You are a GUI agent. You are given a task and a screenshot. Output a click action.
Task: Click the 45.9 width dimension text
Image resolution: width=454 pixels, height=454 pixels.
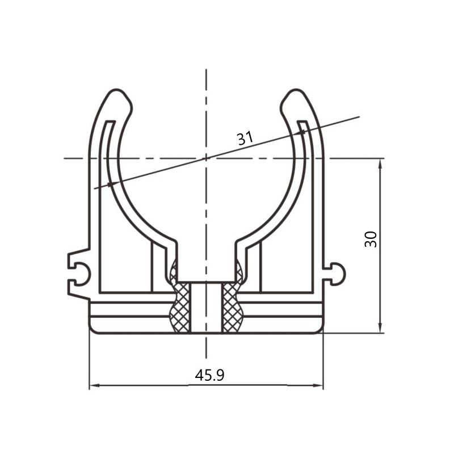click(209, 375)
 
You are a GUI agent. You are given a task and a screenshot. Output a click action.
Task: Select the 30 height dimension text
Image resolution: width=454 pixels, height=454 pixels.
click(371, 239)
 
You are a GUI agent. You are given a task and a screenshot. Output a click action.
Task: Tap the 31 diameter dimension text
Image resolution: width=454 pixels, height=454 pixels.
click(245, 138)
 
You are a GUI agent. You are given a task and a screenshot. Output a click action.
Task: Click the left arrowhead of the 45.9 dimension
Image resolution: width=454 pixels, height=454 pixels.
click(95, 385)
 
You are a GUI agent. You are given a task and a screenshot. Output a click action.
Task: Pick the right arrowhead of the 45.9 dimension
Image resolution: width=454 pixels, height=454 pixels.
click(318, 385)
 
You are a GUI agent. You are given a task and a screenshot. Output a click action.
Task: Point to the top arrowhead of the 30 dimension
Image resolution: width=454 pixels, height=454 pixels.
click(380, 164)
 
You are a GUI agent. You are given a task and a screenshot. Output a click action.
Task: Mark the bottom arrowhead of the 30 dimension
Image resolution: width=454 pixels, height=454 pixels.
click(380, 327)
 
